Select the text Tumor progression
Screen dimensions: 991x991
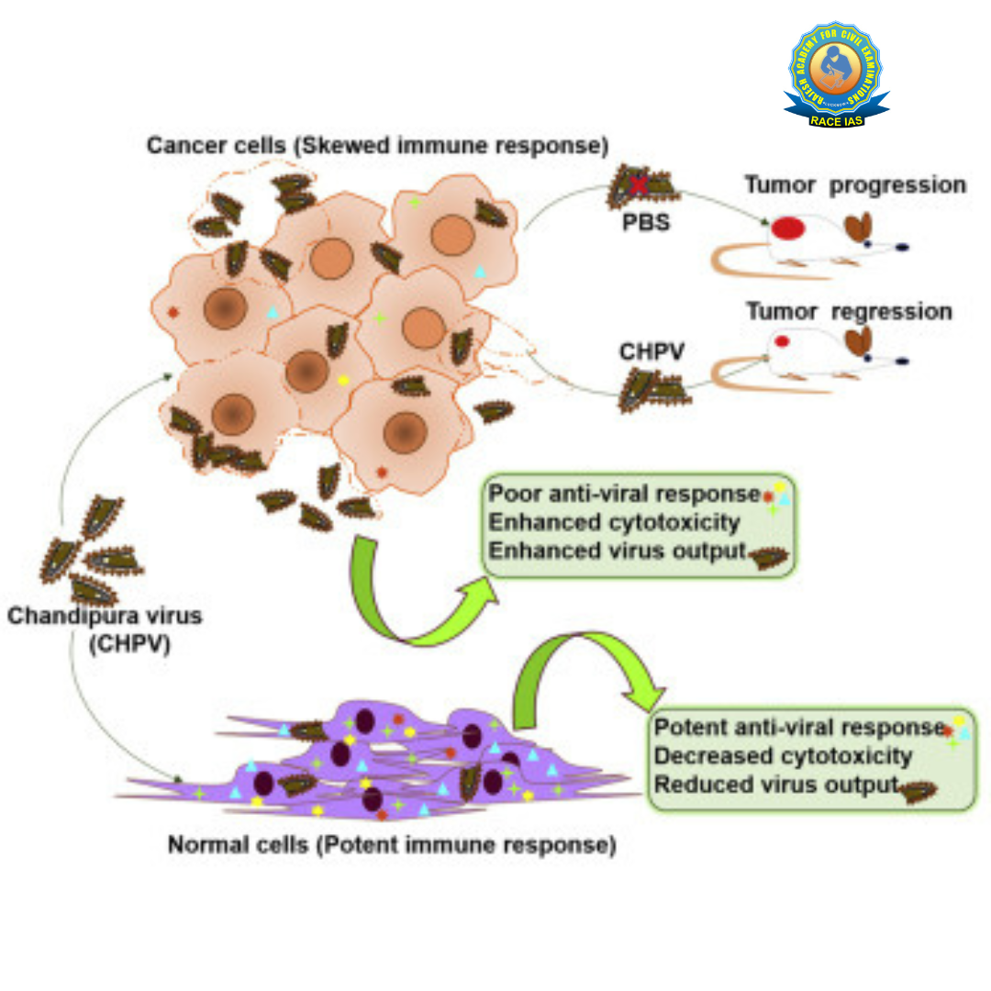click(855, 184)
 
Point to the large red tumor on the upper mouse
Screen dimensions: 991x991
click(787, 228)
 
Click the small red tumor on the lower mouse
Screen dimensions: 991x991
click(783, 341)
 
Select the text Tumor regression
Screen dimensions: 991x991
click(849, 311)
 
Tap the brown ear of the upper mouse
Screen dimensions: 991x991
click(859, 228)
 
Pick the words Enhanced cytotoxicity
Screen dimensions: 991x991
click(614, 522)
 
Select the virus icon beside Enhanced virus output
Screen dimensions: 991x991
click(768, 555)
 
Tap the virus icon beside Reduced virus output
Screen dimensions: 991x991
click(917, 788)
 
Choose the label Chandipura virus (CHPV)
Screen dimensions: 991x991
click(105, 629)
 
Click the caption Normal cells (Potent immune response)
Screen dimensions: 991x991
click(391, 844)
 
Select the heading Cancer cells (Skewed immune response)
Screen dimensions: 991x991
click(376, 145)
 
